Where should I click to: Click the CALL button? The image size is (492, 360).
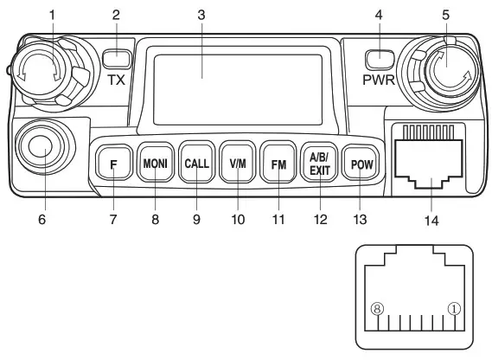pos(196,163)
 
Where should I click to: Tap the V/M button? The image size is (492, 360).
pos(235,163)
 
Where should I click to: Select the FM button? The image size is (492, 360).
pos(278,163)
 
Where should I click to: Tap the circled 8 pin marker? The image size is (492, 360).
pos(376,309)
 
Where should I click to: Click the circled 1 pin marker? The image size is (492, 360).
pos(455,309)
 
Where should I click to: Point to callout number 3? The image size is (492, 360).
pos(202,16)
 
